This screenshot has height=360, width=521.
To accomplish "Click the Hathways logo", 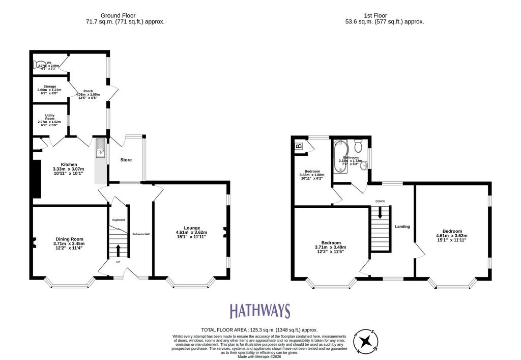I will click(259, 311).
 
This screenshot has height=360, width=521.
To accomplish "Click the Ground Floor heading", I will click(118, 16).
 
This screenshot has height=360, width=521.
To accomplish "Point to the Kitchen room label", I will click(69, 164).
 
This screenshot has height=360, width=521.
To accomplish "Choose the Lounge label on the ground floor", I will click(192, 228).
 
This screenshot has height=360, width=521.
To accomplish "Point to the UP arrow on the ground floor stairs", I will click(118, 250).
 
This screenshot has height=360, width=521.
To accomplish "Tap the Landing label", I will click(402, 226).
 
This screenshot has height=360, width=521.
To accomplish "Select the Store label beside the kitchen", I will click(126, 160).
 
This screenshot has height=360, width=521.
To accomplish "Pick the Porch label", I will click(88, 91).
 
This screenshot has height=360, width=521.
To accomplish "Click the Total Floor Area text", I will click(259, 330).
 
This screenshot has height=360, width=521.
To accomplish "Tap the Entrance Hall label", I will click(141, 234).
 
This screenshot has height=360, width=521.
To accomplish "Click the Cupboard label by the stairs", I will click(119, 219).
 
